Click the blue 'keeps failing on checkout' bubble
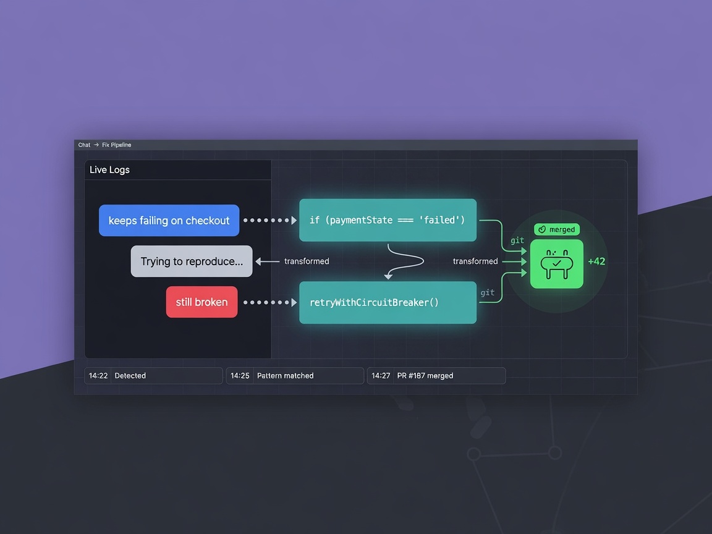(169, 220)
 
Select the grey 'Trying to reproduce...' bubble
(192, 261)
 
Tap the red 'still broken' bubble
(201, 302)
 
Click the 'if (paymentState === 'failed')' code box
(388, 220)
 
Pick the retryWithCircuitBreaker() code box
(388, 302)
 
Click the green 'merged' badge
(557, 229)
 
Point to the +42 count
(596, 261)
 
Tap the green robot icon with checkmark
(557, 264)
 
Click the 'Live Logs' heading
(109, 170)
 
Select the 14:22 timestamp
(98, 376)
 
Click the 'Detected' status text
(130, 376)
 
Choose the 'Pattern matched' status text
(285, 376)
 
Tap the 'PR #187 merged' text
(425, 376)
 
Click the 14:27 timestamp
(381, 376)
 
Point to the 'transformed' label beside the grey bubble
(307, 261)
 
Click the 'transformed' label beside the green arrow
(475, 261)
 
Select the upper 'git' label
(517, 240)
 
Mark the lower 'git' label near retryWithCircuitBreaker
(487, 292)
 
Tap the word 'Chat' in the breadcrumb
(84, 145)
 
